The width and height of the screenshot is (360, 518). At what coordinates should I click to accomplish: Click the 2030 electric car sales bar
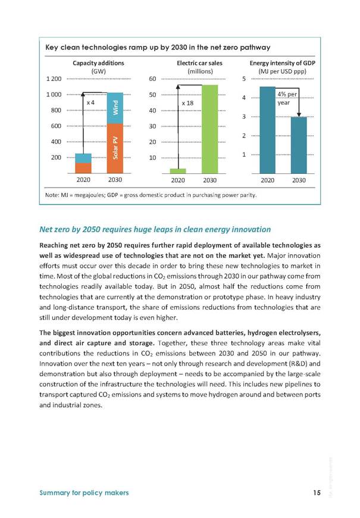(209, 129)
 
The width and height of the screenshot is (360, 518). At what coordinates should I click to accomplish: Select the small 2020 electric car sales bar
(178, 171)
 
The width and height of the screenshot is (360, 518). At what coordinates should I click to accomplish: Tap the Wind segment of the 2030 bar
(115, 108)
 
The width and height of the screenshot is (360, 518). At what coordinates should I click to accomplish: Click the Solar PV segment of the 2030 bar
(115, 149)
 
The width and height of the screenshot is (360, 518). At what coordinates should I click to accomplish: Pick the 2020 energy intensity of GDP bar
(268, 130)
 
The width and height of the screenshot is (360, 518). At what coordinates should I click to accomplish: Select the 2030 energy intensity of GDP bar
(299, 145)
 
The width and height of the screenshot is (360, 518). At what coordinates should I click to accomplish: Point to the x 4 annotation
(90, 103)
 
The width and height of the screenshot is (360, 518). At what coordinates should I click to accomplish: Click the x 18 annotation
(187, 103)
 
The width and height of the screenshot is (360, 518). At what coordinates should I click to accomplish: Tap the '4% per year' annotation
(287, 98)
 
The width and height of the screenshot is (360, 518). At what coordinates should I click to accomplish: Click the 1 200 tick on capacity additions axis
(54, 79)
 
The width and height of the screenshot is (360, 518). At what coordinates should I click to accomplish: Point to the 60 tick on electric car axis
(152, 79)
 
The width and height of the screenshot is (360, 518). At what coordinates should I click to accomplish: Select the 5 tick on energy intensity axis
(244, 79)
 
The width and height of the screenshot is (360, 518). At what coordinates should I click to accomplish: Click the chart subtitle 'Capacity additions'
(98, 63)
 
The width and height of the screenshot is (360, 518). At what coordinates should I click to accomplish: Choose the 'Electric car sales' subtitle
(199, 63)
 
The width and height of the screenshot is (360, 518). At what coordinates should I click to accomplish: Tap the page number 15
(317, 492)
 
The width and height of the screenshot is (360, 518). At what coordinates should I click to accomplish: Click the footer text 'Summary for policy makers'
(84, 492)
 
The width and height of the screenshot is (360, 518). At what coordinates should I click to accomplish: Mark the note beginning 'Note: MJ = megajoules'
(151, 195)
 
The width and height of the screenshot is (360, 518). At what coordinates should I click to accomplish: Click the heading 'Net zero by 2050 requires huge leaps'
(155, 229)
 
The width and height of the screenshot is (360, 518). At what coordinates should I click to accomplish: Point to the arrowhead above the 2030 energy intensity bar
(299, 115)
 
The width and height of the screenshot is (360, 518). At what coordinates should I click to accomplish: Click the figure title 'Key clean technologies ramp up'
(158, 47)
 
